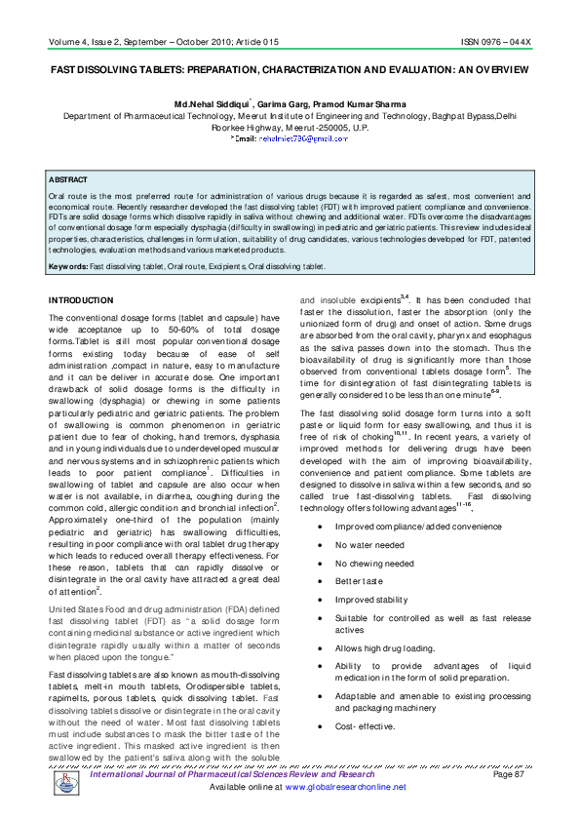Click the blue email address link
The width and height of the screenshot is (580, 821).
pyautogui.click(x=303, y=139)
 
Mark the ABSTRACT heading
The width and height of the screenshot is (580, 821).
pyautogui.click(x=68, y=180)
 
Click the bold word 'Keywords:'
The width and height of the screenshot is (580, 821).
pyautogui.click(x=68, y=265)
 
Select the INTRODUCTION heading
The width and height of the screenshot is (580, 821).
pyautogui.click(x=81, y=300)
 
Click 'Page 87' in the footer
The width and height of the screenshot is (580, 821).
pyautogui.click(x=509, y=774)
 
